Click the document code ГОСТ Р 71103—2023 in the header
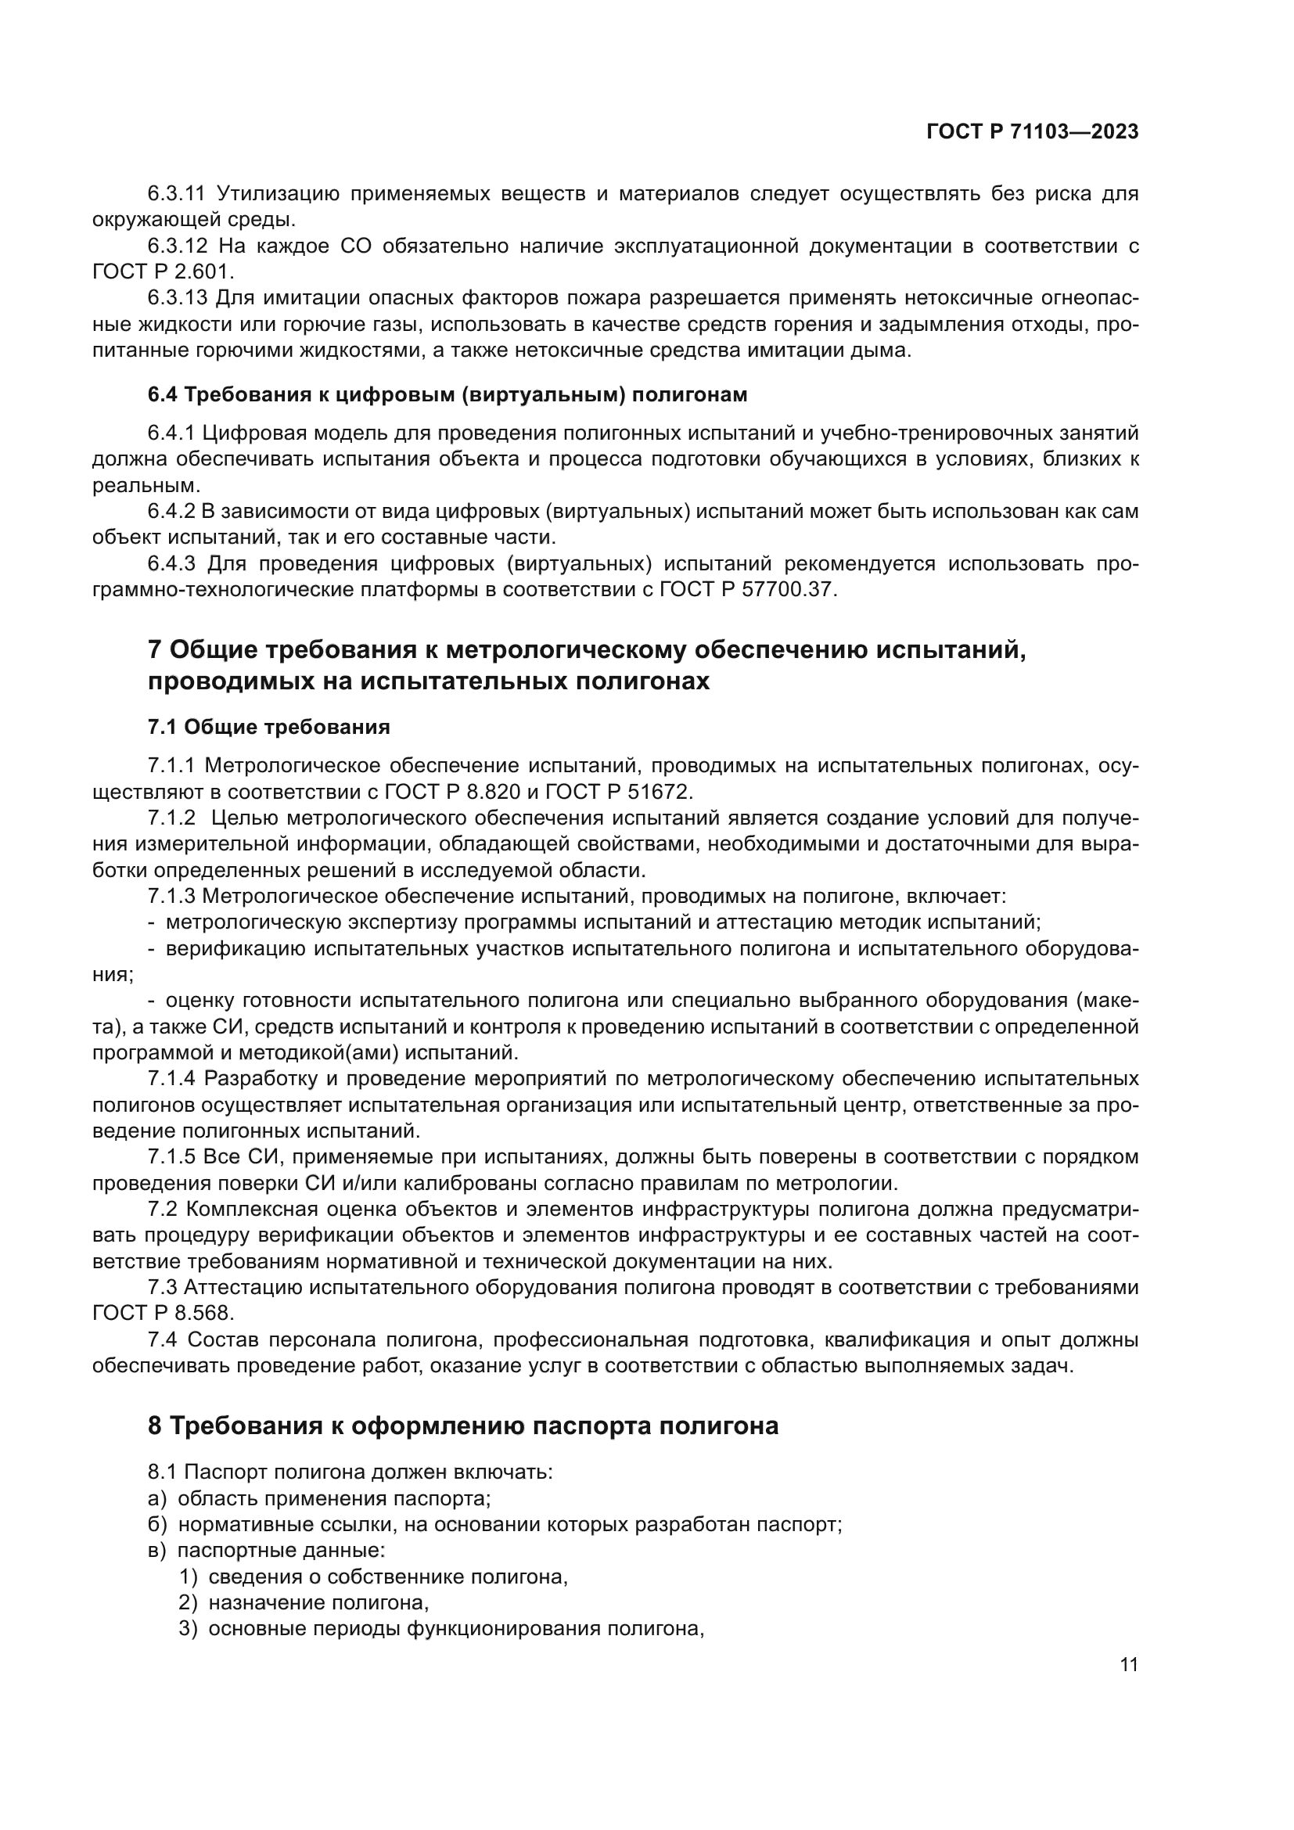1032,132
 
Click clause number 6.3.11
176,194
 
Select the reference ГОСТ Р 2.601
163,271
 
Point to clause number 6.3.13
177,298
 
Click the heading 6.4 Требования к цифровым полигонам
447,395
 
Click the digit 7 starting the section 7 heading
155,650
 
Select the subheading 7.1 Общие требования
268,727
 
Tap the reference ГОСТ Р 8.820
450,792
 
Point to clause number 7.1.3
171,896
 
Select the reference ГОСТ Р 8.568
163,1313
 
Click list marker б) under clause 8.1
157,1525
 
